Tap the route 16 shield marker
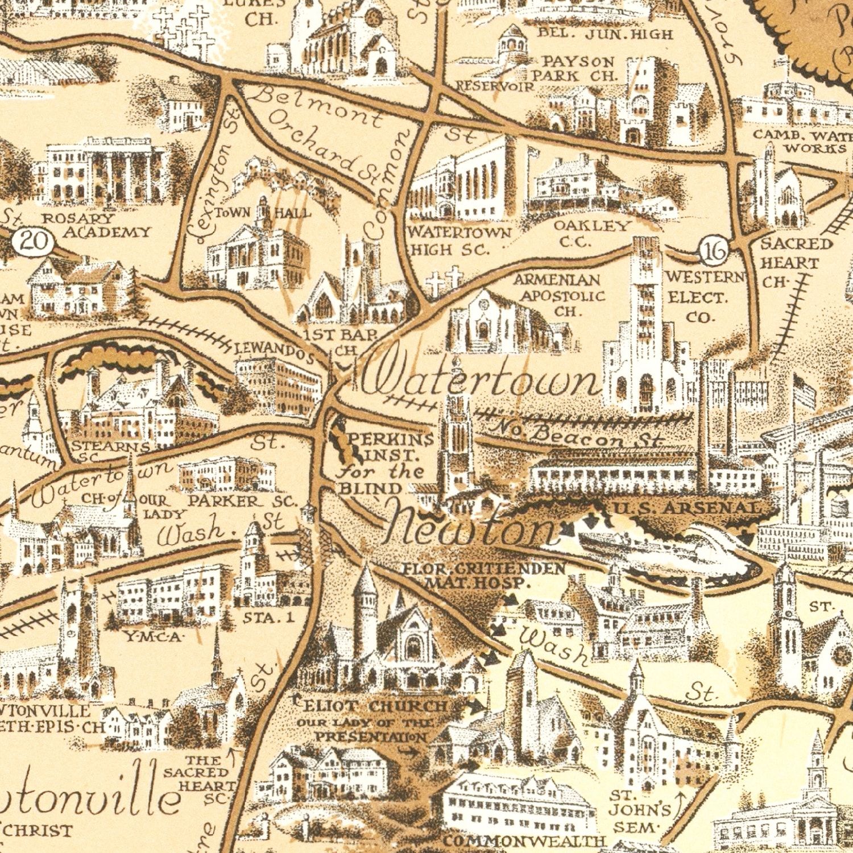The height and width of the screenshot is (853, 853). pos(714,250)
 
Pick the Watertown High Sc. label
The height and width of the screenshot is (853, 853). pos(458,241)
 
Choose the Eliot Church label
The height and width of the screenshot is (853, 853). pos(375,706)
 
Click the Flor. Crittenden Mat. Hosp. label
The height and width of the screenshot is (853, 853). pos(483,575)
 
